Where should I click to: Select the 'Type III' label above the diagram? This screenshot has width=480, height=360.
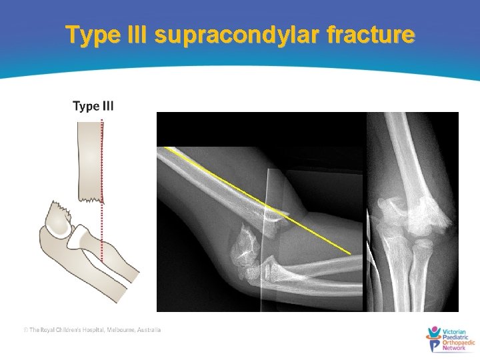[93, 106]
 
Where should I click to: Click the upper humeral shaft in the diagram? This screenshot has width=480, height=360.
[89, 153]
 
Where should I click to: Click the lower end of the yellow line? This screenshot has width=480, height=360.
[349, 253]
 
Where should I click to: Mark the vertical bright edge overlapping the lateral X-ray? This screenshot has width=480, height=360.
[265, 240]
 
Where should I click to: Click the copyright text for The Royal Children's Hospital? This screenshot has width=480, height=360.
[92, 330]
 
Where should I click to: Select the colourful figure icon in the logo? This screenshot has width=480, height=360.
[433, 338]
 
